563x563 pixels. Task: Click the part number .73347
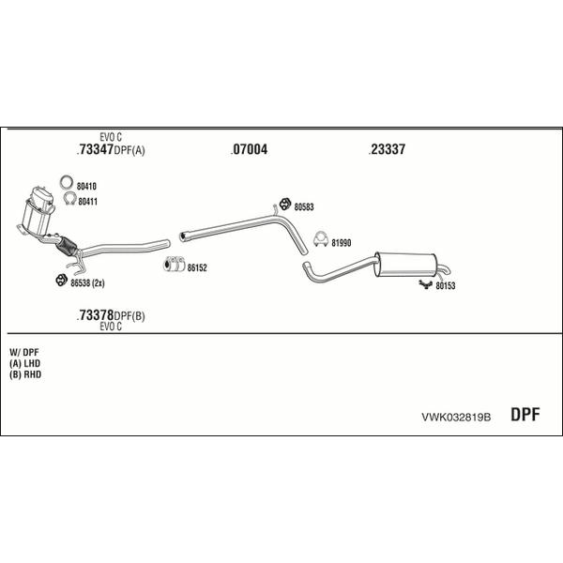click(x=95, y=149)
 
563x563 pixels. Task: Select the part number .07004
click(x=249, y=149)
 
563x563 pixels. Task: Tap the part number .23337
click(x=387, y=149)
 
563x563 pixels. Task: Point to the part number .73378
click(x=95, y=315)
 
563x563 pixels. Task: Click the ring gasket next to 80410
click(x=67, y=177)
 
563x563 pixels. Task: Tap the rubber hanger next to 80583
click(x=285, y=204)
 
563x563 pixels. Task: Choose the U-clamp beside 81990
click(x=321, y=240)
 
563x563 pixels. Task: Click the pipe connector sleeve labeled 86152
click(x=175, y=265)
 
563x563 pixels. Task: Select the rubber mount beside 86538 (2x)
click(x=62, y=280)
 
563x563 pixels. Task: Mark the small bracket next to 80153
click(x=426, y=284)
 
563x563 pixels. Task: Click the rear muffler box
click(x=405, y=265)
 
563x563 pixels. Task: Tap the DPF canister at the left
click(x=38, y=212)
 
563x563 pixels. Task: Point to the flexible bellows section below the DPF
click(x=67, y=246)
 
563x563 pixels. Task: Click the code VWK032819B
click(x=456, y=418)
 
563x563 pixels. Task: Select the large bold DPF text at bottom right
click(x=525, y=415)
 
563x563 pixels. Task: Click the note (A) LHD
click(x=24, y=363)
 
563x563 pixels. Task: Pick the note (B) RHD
click(x=25, y=374)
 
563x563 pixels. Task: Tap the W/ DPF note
click(x=24, y=352)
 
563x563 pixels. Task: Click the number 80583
click(x=304, y=206)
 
